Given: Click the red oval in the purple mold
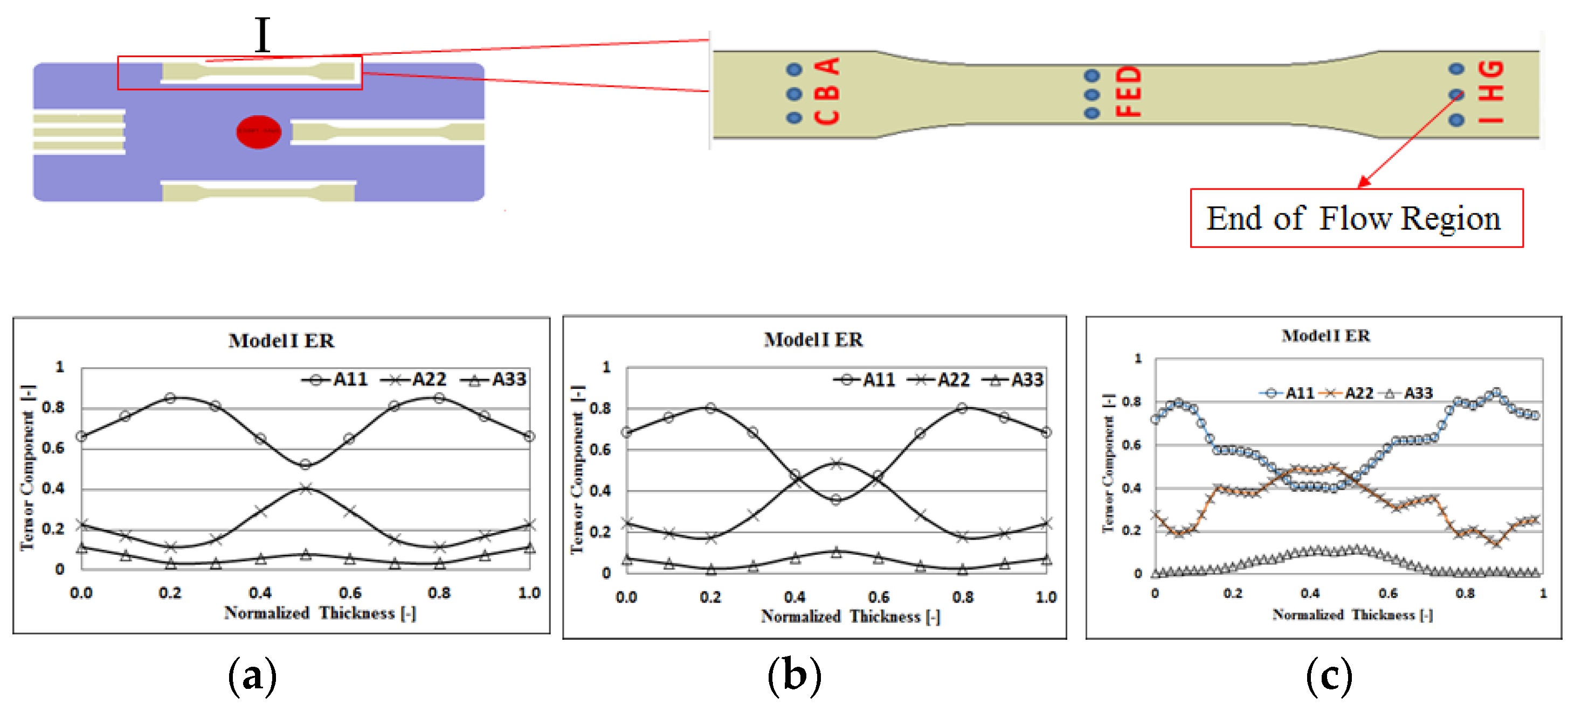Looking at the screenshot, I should (x=259, y=131).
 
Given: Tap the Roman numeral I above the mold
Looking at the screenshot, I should (x=262, y=35).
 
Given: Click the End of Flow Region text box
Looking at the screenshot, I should (x=1356, y=218).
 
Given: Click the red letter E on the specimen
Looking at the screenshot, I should (x=1128, y=92).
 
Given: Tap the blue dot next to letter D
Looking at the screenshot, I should (x=1092, y=76).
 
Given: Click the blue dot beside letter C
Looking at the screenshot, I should (x=793, y=117).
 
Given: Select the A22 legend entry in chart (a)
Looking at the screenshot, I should (x=415, y=380).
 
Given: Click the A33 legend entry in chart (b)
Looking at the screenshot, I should (x=1013, y=380).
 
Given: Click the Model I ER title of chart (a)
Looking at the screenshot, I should (x=281, y=340).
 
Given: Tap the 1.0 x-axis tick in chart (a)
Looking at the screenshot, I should (x=529, y=593).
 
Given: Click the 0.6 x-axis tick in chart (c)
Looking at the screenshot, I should (x=1388, y=593).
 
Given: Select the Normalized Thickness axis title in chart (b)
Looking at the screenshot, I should (x=850, y=616).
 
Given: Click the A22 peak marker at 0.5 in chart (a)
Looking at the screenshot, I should (x=306, y=488).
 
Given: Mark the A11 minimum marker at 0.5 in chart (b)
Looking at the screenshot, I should (x=836, y=500).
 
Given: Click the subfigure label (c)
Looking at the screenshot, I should (x=1329, y=676).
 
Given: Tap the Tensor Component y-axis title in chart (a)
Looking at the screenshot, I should (x=27, y=467).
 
